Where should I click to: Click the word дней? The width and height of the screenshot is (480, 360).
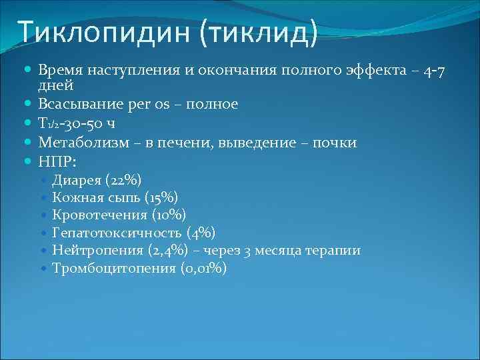pyautogui.click(x=56, y=85)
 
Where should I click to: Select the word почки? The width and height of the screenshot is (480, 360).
pyautogui.click(x=333, y=143)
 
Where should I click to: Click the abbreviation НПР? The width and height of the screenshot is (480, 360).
pyautogui.click(x=56, y=161)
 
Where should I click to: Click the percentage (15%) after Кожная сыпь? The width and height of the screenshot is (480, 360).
pyautogui.click(x=161, y=197)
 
